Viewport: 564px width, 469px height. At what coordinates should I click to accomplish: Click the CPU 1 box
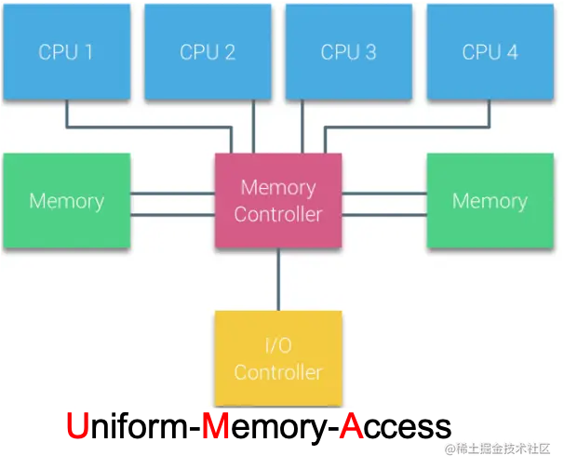tap(66, 51)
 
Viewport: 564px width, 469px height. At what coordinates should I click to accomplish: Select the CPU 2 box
tap(208, 51)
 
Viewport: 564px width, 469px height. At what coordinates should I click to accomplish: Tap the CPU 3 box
tap(349, 51)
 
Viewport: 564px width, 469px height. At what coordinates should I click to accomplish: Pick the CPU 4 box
tap(490, 51)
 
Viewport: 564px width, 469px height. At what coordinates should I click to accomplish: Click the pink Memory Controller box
tap(278, 201)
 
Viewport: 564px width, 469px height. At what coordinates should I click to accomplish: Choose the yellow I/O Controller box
tap(278, 358)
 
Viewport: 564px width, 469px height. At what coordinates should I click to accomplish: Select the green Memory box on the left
tap(66, 201)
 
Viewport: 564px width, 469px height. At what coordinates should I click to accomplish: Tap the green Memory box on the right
tap(490, 201)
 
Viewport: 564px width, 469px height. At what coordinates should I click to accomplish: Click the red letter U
tap(79, 426)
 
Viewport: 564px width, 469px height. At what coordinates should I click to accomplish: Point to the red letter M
tap(216, 426)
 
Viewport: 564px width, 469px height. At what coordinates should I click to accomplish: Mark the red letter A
tap(351, 426)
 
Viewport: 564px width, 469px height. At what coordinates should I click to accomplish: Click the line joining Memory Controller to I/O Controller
tap(278, 279)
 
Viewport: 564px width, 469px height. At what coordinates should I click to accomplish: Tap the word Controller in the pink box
tap(278, 215)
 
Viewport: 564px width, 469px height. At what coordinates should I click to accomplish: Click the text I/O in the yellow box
tap(278, 345)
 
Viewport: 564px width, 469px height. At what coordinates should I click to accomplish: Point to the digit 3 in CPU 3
tap(370, 52)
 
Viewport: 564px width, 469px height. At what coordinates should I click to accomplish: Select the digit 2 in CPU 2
tap(229, 52)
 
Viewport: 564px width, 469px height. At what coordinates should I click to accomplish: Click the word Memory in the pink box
tap(278, 188)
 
